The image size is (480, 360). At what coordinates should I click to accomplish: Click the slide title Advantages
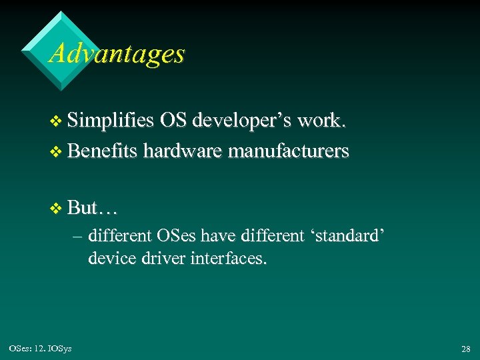click(117, 53)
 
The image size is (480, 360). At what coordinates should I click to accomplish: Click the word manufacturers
click(289, 151)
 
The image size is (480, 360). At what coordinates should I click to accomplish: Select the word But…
click(93, 208)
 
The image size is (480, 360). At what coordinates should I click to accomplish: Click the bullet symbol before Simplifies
click(56, 123)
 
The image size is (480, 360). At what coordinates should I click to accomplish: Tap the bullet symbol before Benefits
click(56, 153)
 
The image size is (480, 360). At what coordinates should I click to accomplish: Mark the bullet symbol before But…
click(56, 209)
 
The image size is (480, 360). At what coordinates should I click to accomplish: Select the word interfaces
click(231, 258)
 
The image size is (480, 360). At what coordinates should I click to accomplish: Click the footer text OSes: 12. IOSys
click(39, 347)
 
